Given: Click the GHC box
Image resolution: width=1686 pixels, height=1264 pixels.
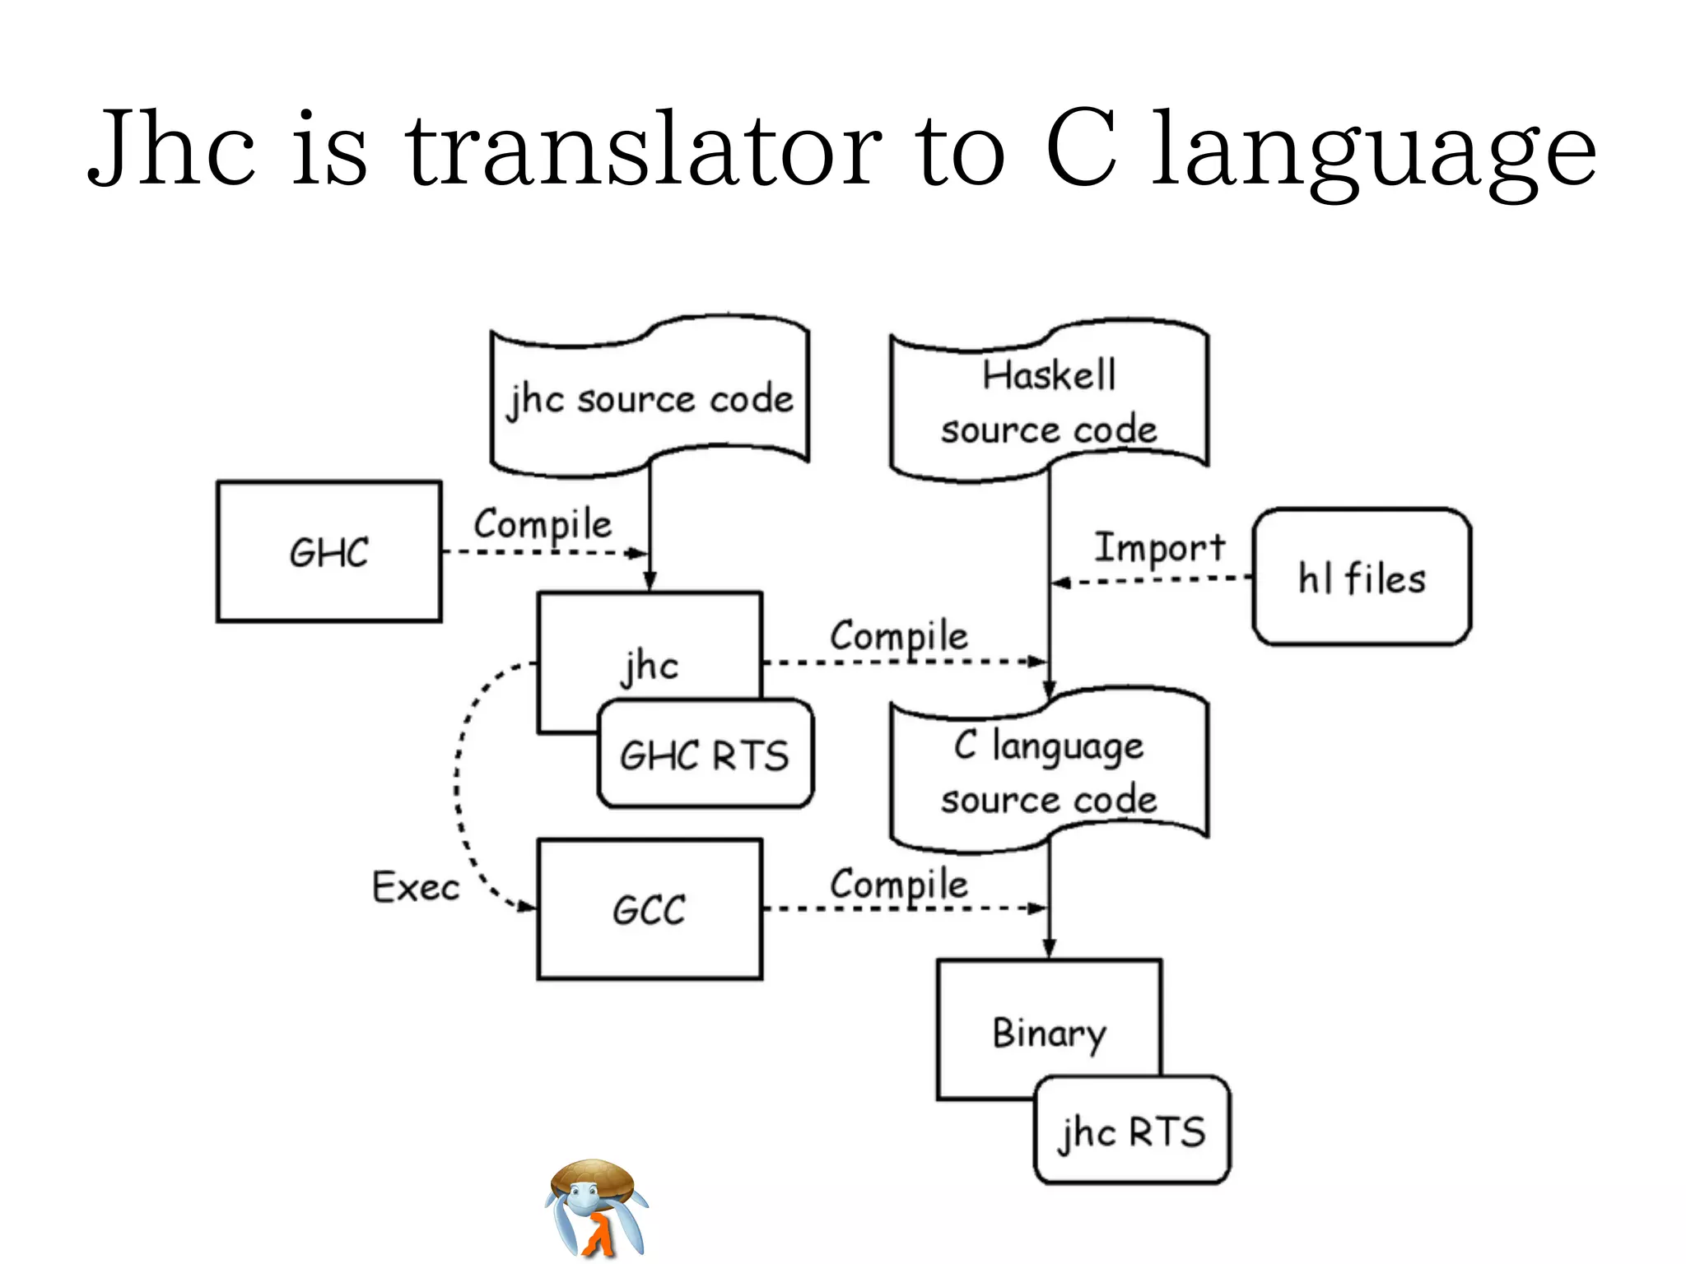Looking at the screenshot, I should tap(328, 551).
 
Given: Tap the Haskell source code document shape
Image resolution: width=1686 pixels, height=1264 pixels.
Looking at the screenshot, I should tap(1049, 402).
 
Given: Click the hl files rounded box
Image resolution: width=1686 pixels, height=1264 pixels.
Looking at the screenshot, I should tap(1362, 577).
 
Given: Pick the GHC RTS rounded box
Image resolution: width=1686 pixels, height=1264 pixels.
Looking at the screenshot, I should tap(705, 755).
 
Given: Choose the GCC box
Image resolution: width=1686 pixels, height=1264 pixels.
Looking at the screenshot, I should tap(650, 909).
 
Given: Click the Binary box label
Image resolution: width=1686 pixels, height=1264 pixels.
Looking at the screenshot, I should tap(1049, 1033).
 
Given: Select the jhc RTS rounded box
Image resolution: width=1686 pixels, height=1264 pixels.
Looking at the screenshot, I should tap(1132, 1131).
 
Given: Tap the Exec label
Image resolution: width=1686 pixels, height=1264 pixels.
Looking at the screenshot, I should tap(415, 887).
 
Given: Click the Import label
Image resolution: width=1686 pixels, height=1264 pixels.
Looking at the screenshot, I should tap(1159, 548).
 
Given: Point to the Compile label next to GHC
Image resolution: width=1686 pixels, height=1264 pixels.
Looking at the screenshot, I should tap(543, 525).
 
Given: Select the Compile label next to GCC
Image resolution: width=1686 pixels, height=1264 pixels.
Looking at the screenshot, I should tap(899, 885).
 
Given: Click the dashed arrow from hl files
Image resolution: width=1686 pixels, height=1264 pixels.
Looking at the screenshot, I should tap(1153, 581).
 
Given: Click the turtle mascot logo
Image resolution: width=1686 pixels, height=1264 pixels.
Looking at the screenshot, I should tap(595, 1207).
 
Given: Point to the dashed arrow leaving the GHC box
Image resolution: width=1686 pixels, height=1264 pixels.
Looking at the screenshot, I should tap(543, 552).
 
